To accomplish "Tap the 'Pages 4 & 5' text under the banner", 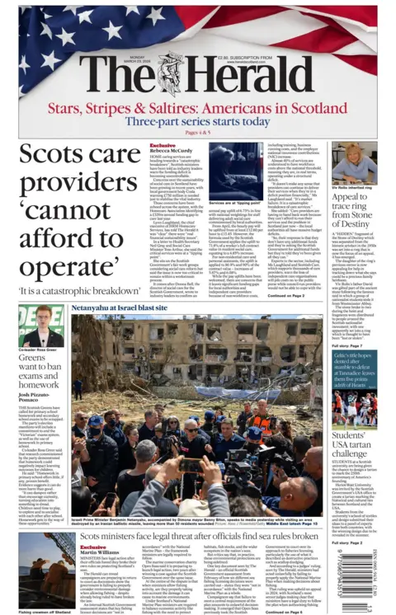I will (199, 132).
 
